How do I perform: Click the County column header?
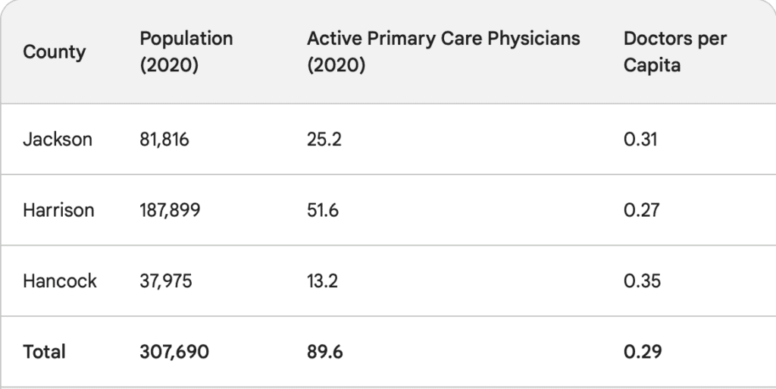click(x=54, y=52)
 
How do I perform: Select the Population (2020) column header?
click(x=186, y=52)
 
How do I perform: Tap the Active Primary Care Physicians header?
click(x=443, y=52)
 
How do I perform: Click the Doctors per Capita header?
click(x=674, y=52)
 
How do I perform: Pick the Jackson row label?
click(x=58, y=140)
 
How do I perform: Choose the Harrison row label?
click(x=58, y=210)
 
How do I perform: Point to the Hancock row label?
click(x=60, y=281)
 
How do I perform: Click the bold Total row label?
click(x=44, y=352)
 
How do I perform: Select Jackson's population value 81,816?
click(x=164, y=140)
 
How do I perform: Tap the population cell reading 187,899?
click(x=171, y=210)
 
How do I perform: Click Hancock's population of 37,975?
click(x=166, y=281)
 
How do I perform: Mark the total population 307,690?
click(x=174, y=352)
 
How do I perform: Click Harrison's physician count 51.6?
click(x=323, y=210)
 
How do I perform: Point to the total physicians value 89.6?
click(x=325, y=352)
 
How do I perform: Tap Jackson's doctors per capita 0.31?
click(x=641, y=140)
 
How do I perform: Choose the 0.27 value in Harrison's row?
click(x=642, y=210)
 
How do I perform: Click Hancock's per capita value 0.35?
click(x=642, y=281)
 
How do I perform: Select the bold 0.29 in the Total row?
click(x=643, y=352)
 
